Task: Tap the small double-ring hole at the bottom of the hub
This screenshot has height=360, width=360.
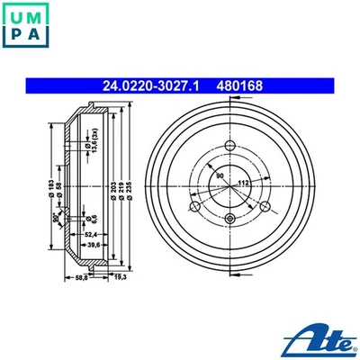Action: (229, 219)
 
